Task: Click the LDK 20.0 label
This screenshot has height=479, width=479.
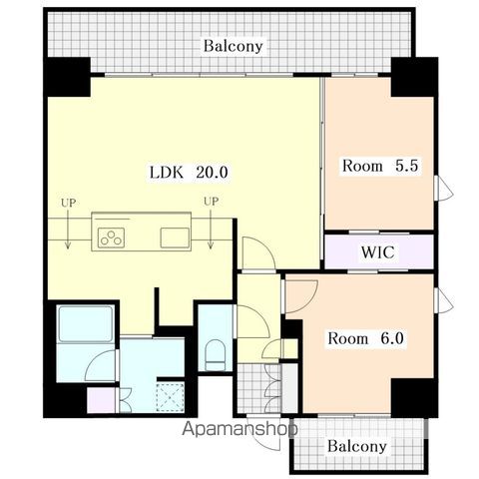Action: tap(189, 173)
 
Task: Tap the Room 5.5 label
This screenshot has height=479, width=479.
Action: tap(380, 166)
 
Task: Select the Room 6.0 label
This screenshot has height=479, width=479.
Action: tap(365, 338)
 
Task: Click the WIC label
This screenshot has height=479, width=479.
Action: tap(378, 252)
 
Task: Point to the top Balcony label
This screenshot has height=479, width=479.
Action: tap(234, 46)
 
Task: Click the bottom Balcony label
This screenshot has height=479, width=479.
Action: tap(357, 446)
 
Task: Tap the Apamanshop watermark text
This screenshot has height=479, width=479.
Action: tap(239, 429)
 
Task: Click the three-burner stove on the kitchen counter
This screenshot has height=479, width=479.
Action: tap(111, 238)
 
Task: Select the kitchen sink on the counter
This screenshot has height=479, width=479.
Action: tap(175, 238)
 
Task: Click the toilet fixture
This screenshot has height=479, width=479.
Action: tap(216, 354)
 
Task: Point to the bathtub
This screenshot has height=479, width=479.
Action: tap(86, 324)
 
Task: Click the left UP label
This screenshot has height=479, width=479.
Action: tap(68, 203)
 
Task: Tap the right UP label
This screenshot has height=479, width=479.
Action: tap(212, 202)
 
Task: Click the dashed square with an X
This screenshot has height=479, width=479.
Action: tap(171, 397)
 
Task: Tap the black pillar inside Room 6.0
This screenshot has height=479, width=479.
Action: tap(412, 398)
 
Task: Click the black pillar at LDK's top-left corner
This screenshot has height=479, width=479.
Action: tap(67, 77)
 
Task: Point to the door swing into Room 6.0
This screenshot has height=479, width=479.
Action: tap(301, 296)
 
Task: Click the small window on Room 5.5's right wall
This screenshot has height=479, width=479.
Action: tap(443, 188)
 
